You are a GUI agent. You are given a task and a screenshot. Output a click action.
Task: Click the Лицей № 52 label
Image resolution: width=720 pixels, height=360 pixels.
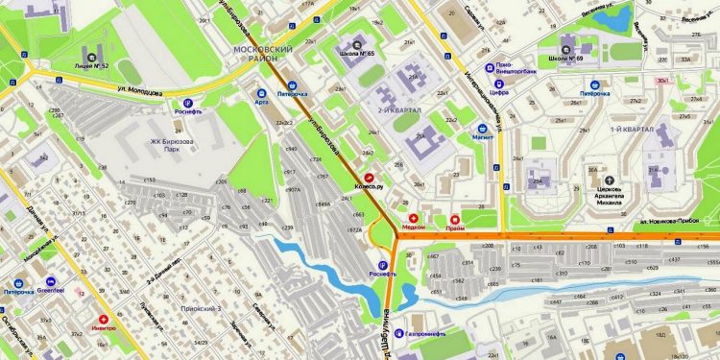coord(91,65)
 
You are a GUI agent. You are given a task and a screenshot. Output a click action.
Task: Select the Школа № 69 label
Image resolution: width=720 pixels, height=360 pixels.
coord(567,58)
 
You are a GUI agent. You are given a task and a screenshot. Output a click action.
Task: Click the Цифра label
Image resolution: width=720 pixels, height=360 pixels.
coord(499,93)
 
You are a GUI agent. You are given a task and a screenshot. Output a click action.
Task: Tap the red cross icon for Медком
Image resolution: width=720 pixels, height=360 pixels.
coord(414,218)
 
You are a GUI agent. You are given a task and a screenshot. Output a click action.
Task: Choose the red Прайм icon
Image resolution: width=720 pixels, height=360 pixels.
coord(455,218)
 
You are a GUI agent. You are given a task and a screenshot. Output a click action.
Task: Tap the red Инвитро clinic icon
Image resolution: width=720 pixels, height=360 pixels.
coord(104,319)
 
